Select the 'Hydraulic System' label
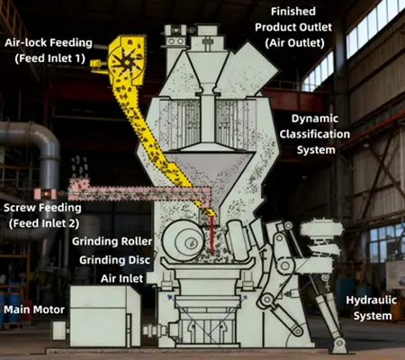(x=370, y=309)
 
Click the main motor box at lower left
(x=104, y=312)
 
